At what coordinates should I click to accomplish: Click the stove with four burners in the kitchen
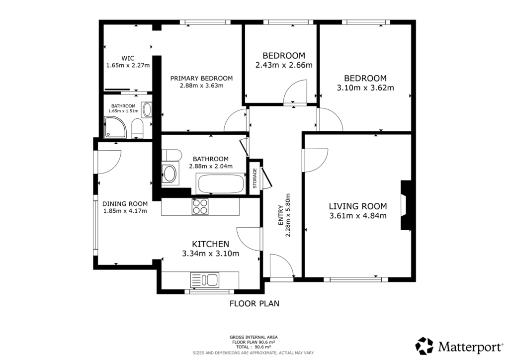[200, 206]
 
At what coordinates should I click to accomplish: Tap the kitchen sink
[205, 280]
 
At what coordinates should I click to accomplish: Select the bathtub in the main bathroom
[221, 184]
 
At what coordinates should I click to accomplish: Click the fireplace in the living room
[406, 205]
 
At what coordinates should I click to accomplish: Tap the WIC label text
[128, 58]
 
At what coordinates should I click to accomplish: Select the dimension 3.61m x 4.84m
[358, 215]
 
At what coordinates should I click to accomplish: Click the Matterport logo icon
[424, 346]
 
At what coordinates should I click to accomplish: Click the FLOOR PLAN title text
[254, 303]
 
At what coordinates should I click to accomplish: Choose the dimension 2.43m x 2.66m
[283, 65]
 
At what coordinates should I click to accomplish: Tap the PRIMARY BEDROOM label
[201, 78]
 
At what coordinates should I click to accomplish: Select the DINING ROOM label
[125, 203]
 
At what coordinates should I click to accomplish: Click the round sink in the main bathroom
[170, 174]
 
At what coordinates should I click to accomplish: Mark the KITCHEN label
[210, 244]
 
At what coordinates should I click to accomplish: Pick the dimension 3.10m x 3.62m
[365, 88]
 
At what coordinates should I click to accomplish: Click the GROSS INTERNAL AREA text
[254, 337]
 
